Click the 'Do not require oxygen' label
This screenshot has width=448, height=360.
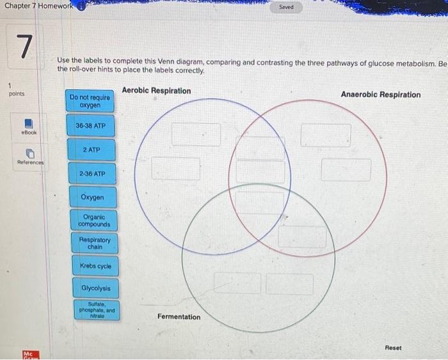[x=90, y=101]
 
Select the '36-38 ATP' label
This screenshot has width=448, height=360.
[x=90, y=126]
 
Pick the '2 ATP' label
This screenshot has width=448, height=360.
[x=90, y=150]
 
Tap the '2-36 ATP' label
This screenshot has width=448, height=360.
[x=90, y=173]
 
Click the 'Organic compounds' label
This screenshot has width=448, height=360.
[x=93, y=221]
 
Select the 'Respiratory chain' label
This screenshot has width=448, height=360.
[x=94, y=243]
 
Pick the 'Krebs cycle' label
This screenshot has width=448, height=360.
[x=95, y=266]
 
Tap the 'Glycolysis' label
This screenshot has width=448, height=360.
[x=95, y=288]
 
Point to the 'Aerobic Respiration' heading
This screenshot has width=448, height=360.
[x=156, y=91]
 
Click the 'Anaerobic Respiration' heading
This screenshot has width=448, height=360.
[x=380, y=95]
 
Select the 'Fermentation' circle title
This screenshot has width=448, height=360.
[x=179, y=317]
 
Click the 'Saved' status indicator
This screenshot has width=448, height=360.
[x=286, y=8]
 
